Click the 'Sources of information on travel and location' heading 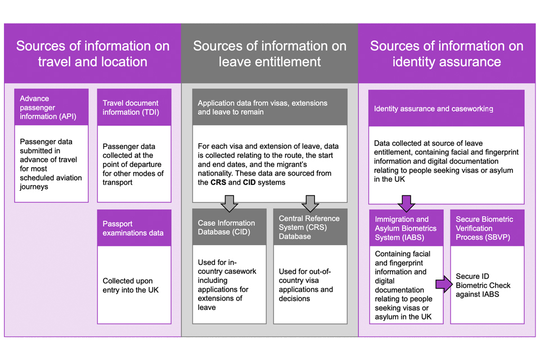point(93,53)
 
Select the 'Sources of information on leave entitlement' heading point(270,53)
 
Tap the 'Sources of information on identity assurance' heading point(447,53)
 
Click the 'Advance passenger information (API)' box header point(52,108)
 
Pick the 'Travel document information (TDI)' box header point(134,107)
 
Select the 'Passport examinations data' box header point(134,228)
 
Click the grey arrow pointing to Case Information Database point(229,203)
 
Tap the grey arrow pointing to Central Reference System point(310,203)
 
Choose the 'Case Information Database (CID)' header point(229,227)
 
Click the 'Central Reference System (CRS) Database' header point(310,227)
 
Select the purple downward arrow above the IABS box point(406,203)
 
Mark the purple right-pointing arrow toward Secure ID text point(443,285)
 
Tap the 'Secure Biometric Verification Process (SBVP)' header point(487,228)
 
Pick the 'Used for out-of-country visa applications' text point(306,285)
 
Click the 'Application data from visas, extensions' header point(269,107)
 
